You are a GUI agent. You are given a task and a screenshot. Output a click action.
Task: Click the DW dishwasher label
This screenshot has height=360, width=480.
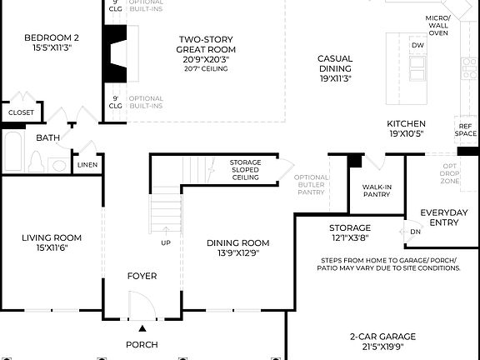point(417,45)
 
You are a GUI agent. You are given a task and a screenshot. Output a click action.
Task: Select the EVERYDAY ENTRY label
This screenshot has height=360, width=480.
point(448,217)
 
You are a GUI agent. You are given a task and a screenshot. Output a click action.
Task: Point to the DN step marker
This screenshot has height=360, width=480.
point(415,232)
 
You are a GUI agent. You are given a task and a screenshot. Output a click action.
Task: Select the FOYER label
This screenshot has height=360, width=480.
point(142,276)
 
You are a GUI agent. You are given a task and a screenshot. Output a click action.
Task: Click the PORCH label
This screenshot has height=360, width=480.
point(142,344)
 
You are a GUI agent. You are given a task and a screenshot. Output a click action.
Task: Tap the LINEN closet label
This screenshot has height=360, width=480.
point(87,165)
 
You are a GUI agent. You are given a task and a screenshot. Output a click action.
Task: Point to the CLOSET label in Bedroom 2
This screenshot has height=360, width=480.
point(22,112)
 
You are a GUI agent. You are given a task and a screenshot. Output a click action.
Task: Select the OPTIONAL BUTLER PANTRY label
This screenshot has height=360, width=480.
point(311,185)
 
